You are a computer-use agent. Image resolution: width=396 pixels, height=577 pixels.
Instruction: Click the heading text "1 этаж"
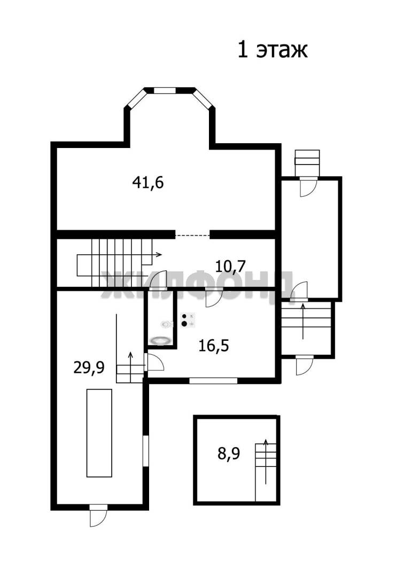pyautogui.click(x=273, y=50)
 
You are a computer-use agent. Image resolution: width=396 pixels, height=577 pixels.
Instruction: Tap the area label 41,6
pyautogui.click(x=148, y=182)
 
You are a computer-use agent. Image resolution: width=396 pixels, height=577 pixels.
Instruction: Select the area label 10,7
pyautogui.click(x=230, y=266)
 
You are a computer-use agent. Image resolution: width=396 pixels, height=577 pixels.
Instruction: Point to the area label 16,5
pyautogui.click(x=213, y=346)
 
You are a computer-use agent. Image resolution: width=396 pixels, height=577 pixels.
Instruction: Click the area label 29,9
pyautogui.click(x=89, y=367)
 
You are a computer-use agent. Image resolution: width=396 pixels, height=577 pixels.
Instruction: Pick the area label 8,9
pyautogui.click(x=229, y=454)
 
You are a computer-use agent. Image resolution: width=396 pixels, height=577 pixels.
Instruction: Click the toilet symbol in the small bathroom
pyautogui.click(x=167, y=324)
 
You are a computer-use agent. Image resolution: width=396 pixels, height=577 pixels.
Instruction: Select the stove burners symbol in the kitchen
pyautogui.click(x=188, y=320)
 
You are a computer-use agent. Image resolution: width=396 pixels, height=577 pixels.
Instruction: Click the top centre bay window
pyautogui.click(x=165, y=90)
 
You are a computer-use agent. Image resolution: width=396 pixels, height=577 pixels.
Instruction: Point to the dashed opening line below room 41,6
pyautogui.click(x=192, y=235)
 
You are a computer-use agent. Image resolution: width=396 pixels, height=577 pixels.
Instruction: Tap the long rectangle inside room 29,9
pyautogui.click(x=99, y=433)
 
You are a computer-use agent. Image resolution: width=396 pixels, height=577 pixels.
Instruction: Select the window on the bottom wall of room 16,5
pyautogui.click(x=213, y=381)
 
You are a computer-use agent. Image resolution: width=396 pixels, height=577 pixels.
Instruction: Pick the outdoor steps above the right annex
pyautogui.click(x=307, y=163)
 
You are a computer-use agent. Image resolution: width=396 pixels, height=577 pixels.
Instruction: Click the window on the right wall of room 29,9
pyautogui.click(x=146, y=451)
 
